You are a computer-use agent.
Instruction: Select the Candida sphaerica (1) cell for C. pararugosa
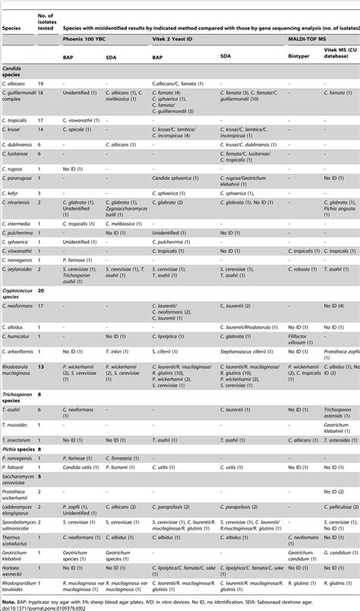tap(175, 177)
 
